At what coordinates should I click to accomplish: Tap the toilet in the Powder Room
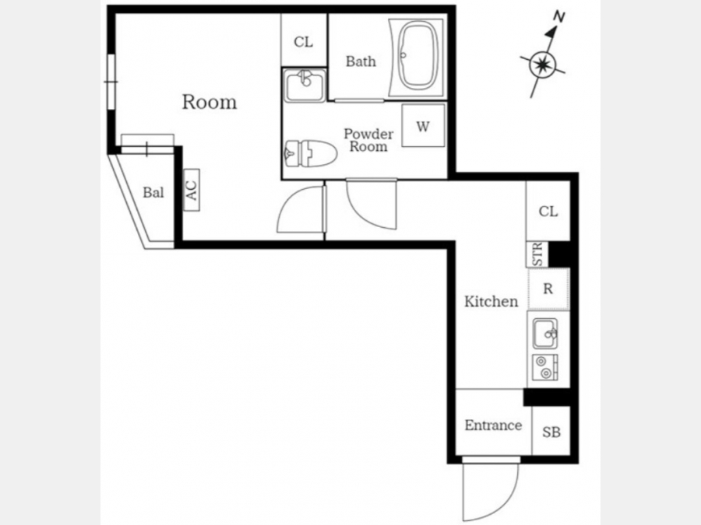[x=310, y=154]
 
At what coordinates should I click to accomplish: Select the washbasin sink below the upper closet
[x=305, y=85]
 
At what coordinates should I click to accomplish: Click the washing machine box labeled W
[x=423, y=125]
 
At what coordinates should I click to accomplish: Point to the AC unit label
[x=192, y=191]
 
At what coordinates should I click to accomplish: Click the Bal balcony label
[x=153, y=192]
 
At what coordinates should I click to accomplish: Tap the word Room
[x=210, y=102]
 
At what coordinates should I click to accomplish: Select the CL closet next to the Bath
[x=304, y=41]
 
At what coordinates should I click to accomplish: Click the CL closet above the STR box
[x=548, y=211]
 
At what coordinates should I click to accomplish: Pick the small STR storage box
[x=537, y=254]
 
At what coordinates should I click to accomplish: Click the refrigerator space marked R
[x=548, y=289]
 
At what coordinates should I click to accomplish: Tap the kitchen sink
[x=545, y=334]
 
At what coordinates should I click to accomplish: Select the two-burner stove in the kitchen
[x=545, y=367]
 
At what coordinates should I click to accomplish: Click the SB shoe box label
[x=551, y=432]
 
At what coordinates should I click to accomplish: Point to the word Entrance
[x=493, y=425]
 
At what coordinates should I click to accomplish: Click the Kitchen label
[x=491, y=301]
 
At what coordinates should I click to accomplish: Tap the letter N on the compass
[x=558, y=17]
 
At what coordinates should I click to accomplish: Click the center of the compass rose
[x=543, y=65]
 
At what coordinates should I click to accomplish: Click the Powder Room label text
[x=368, y=140]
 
